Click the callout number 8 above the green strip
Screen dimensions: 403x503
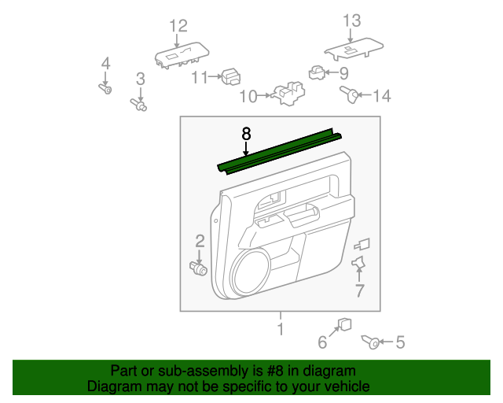(246, 133)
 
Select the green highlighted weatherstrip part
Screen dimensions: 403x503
(281, 152)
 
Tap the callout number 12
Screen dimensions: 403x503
(178, 27)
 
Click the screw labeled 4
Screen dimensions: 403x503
(105, 89)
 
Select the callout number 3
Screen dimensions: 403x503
(141, 78)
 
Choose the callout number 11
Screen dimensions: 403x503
(199, 76)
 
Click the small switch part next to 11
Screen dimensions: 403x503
(231, 76)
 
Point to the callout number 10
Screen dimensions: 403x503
(248, 97)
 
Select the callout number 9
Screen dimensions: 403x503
(343, 73)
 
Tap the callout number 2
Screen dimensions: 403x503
(200, 241)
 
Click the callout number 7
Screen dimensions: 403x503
(359, 291)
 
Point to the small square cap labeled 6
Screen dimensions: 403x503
(344, 324)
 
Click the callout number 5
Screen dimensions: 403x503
(400, 342)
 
